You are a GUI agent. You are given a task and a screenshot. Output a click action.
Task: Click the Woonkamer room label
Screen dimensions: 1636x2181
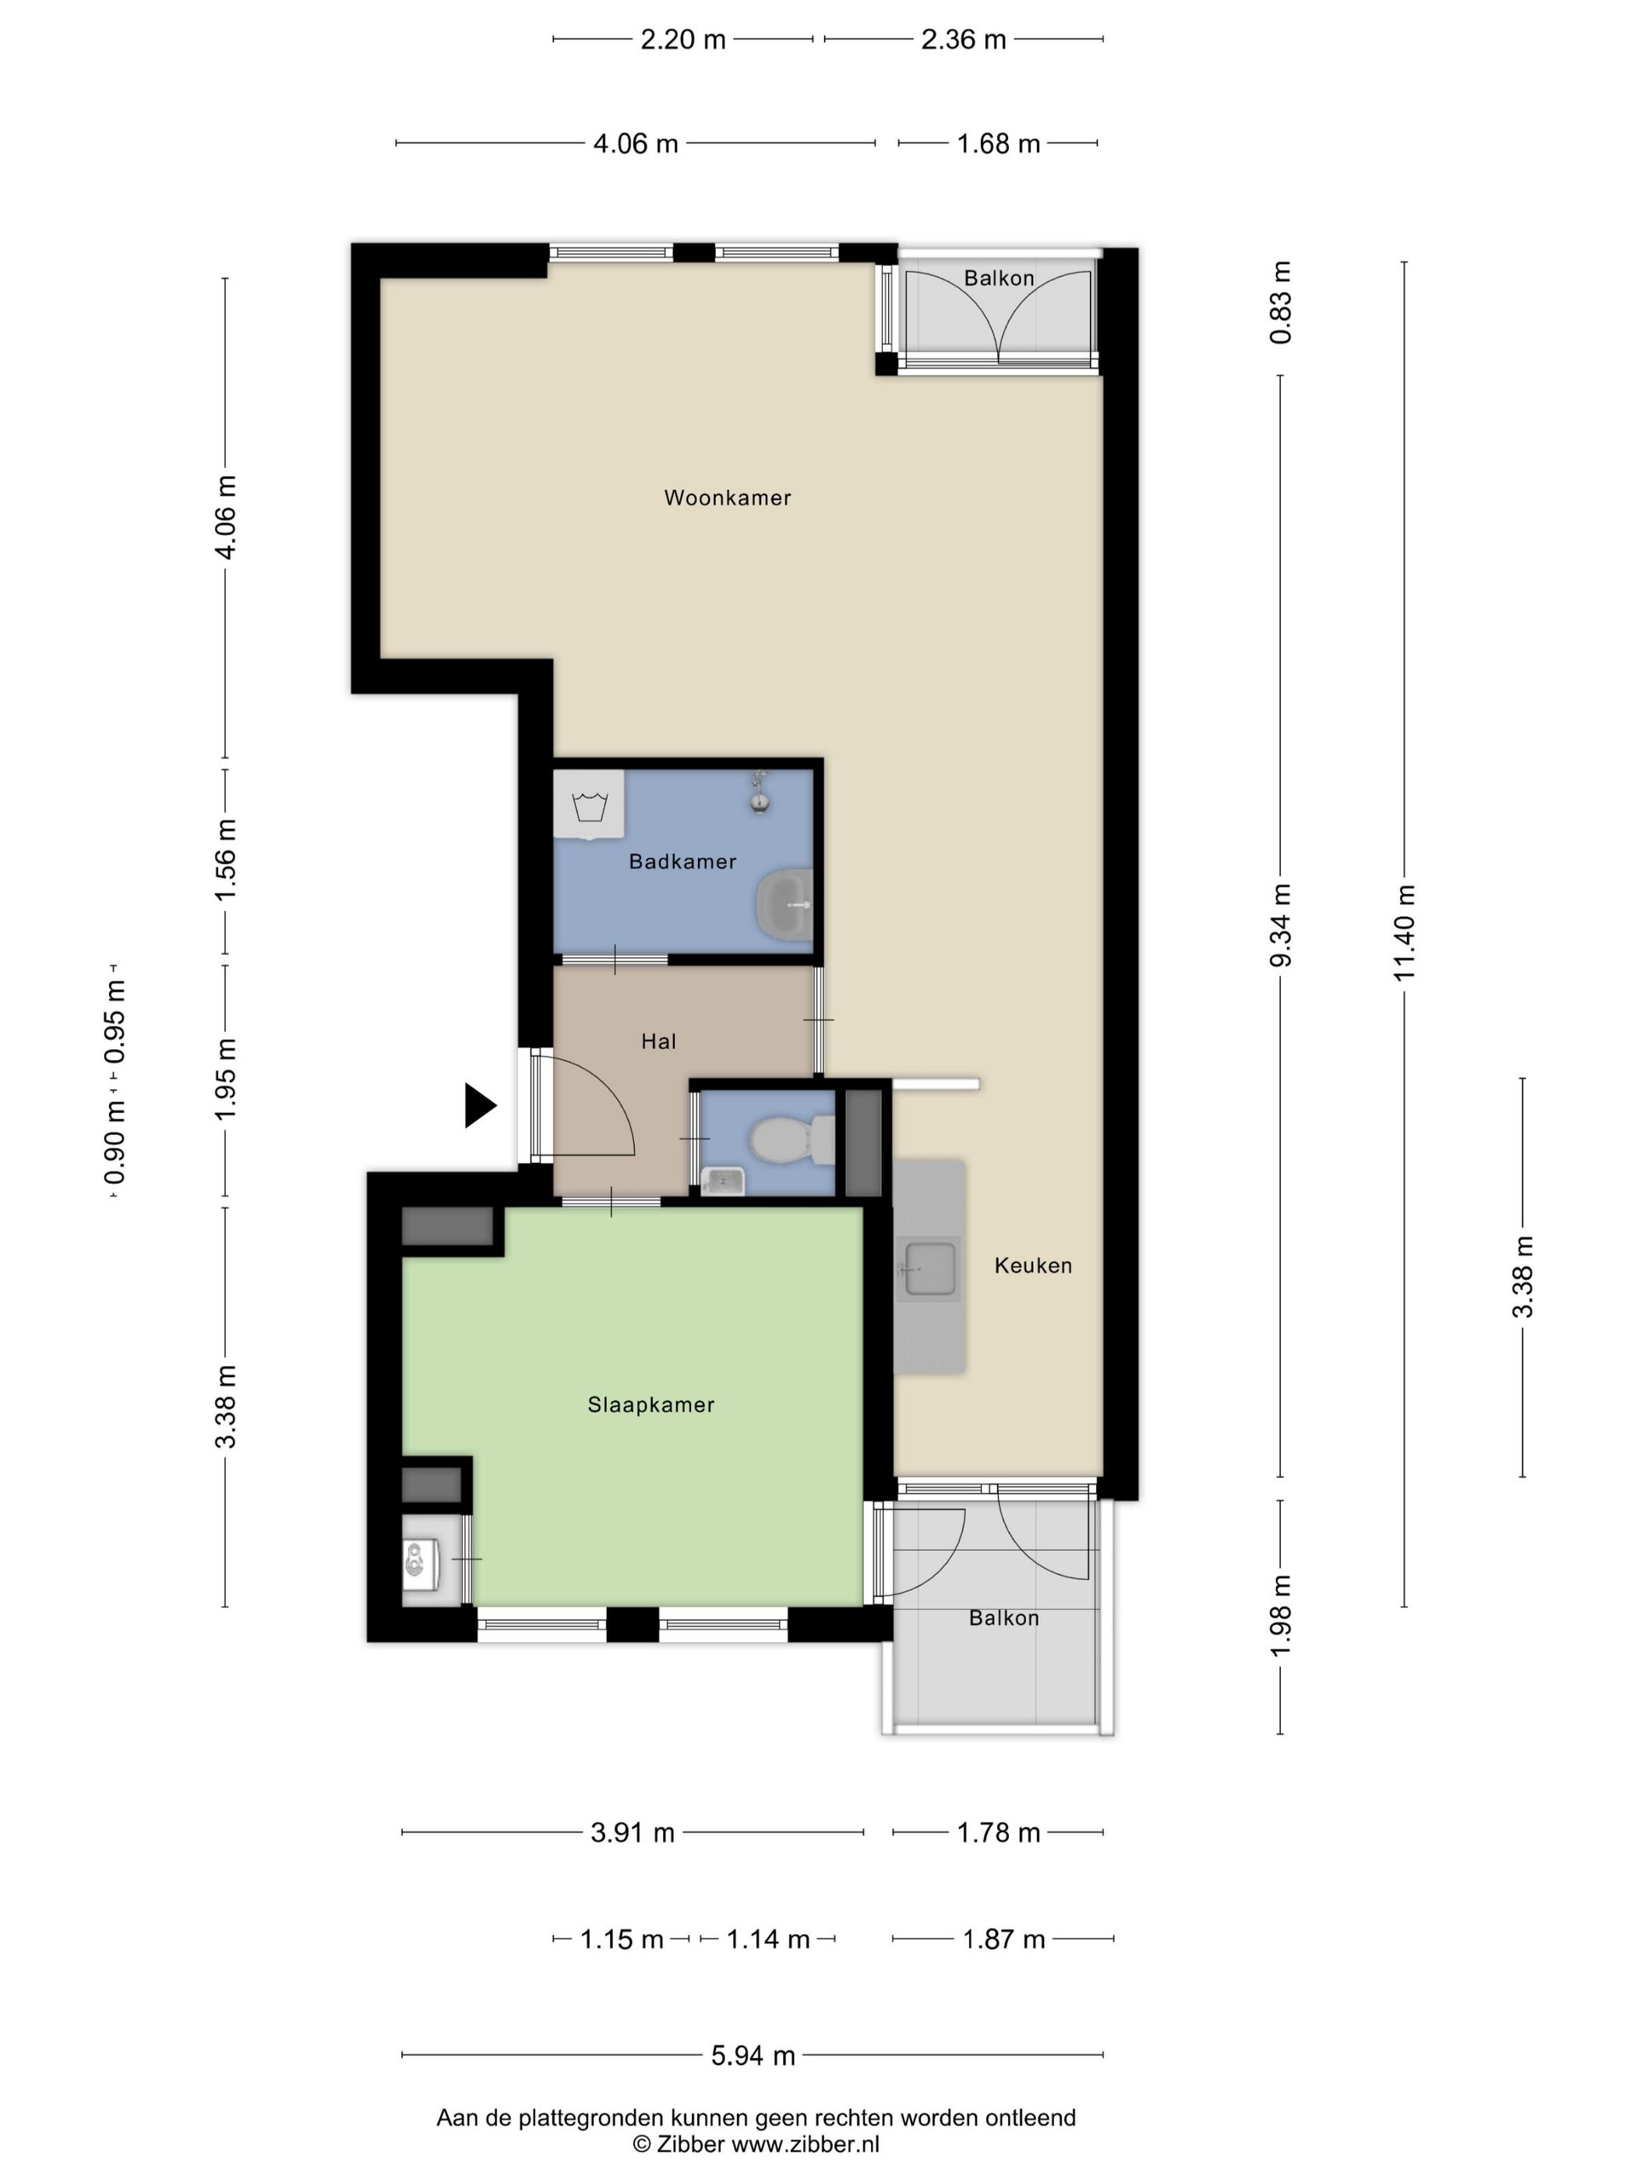(727, 498)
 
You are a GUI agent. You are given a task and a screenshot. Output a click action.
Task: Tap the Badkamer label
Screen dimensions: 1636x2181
(682, 861)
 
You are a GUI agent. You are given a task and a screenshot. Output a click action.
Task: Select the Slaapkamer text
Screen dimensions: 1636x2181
(651, 1405)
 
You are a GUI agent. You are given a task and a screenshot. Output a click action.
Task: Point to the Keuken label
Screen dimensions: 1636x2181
(1032, 1265)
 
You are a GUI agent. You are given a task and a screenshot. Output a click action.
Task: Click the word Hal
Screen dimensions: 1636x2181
(659, 1041)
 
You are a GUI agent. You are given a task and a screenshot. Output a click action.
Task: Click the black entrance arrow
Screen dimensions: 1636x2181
(480, 1105)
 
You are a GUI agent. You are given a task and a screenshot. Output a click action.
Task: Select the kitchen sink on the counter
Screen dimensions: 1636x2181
(929, 1269)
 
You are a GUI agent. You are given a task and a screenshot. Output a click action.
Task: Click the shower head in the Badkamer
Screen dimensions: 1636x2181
(758, 791)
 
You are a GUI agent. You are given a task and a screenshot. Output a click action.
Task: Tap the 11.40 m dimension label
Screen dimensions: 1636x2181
(1405, 932)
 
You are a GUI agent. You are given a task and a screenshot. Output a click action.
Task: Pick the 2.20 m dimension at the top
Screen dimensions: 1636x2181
(683, 40)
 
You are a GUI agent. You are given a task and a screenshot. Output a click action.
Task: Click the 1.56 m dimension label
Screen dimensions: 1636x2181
(226, 859)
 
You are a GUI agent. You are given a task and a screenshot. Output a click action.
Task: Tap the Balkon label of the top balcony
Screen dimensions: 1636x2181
(999, 278)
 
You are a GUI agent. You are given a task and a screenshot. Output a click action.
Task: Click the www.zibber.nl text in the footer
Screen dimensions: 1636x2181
(805, 2144)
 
